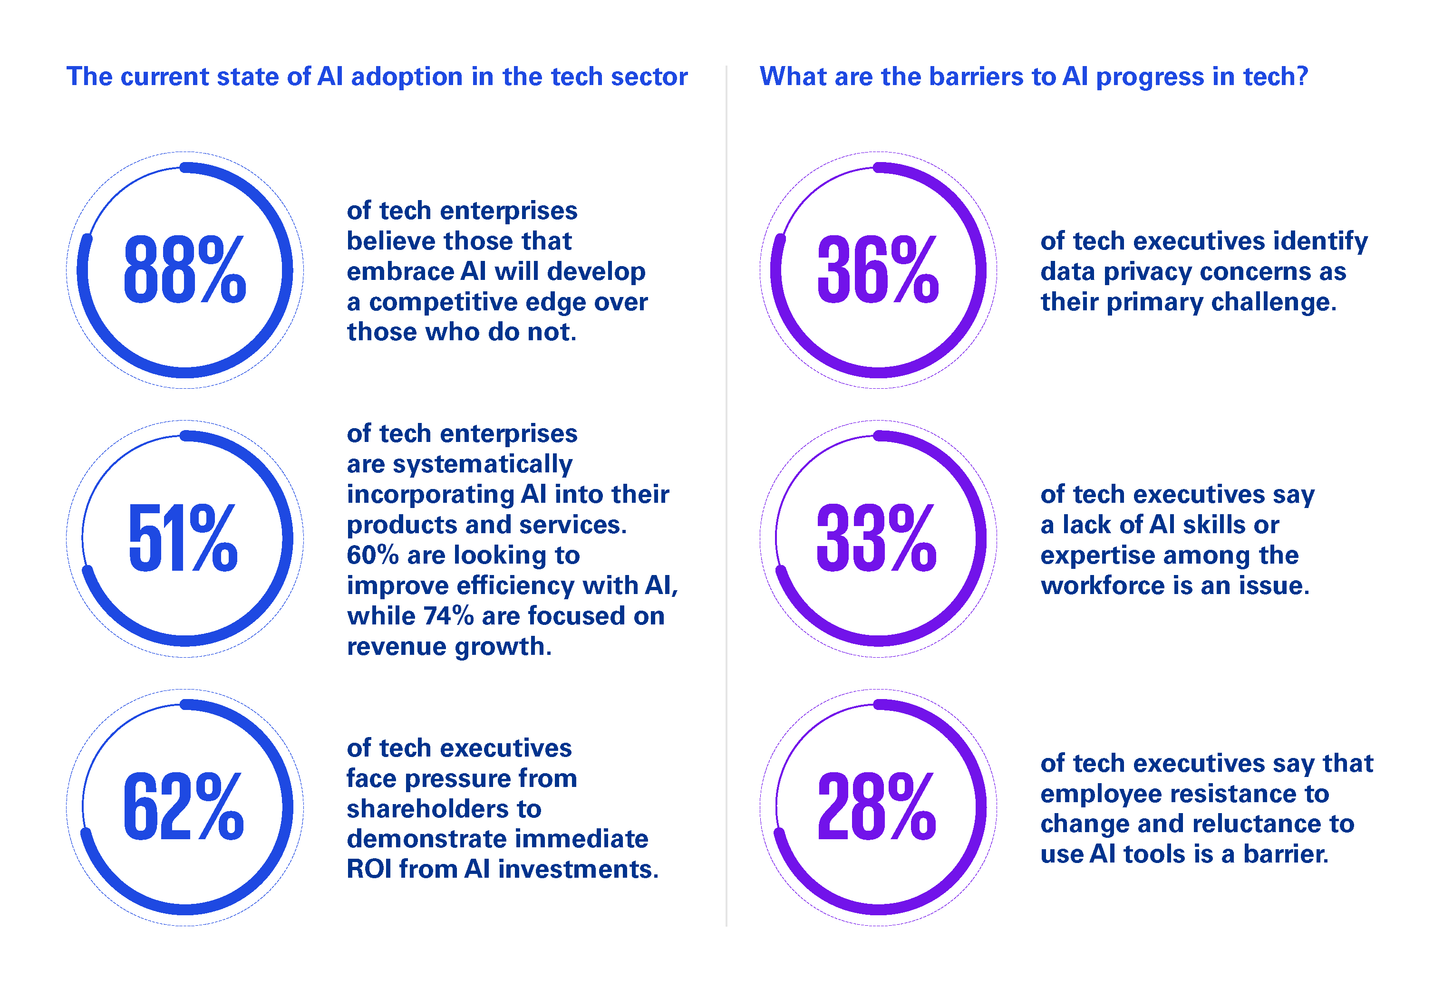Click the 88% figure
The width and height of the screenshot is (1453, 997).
pos(184,270)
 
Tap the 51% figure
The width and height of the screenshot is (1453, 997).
pos(183,538)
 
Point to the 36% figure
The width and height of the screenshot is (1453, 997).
pos(878,270)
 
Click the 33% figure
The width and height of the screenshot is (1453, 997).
pos(877,538)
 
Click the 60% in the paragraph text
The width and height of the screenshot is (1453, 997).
pos(373,555)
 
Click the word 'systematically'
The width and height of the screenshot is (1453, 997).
pos(482,464)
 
